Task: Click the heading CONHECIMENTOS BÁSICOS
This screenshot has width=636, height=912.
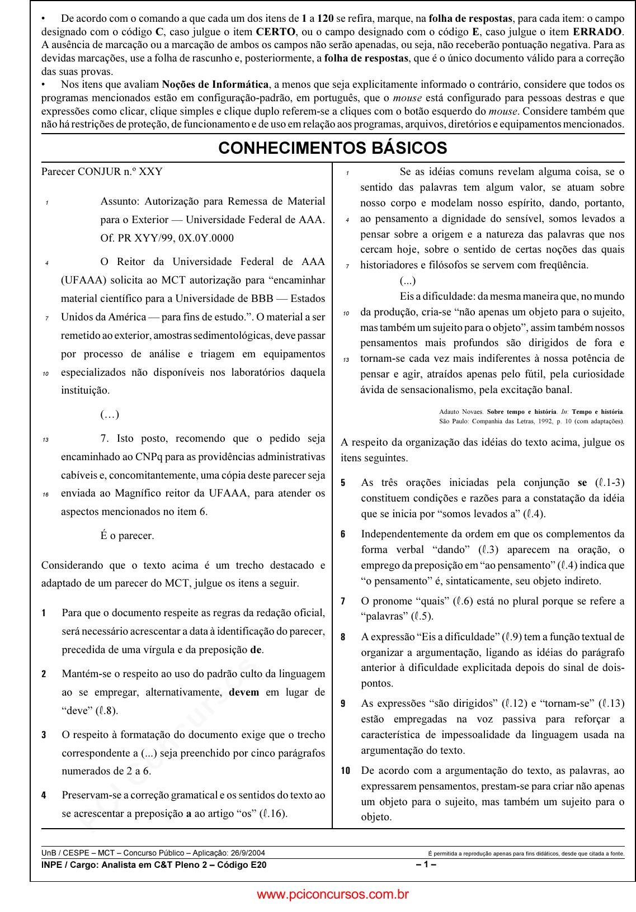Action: click(332, 148)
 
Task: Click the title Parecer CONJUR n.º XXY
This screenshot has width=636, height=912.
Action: click(102, 172)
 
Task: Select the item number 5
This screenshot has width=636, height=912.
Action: click(343, 483)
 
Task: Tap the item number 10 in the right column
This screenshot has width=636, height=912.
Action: click(346, 771)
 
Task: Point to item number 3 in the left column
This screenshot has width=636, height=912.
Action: click(44, 735)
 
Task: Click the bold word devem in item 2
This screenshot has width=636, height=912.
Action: click(244, 692)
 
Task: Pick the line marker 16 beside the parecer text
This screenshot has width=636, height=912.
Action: click(45, 494)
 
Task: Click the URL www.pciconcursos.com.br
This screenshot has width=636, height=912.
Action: click(332, 895)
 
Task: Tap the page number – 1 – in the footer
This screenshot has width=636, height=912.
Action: click(426, 865)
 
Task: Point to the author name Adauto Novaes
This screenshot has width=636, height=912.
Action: click(461, 412)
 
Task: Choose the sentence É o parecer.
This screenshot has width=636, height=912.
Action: click(127, 536)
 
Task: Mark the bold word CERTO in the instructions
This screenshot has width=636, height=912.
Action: click(275, 32)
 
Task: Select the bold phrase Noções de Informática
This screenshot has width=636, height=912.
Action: click(215, 84)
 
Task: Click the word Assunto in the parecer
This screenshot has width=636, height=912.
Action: click(119, 201)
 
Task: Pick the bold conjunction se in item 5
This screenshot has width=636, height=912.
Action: click(582, 483)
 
